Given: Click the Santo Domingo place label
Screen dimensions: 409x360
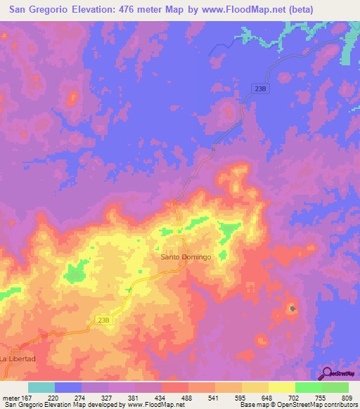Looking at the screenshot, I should [x=186, y=257].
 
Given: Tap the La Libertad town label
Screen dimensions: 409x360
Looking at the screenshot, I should [x=18, y=358].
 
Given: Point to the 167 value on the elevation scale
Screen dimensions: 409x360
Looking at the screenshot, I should [x=27, y=397].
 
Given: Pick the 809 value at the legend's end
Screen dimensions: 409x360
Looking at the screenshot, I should [x=347, y=397].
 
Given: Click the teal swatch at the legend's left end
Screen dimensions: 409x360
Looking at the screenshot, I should [x=41, y=387].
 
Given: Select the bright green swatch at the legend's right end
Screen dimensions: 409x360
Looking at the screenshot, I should [x=335, y=387].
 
